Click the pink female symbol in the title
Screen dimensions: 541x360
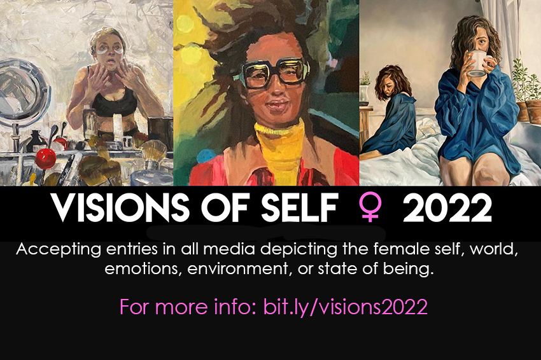[x=370, y=207]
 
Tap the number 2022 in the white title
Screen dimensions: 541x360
[x=447, y=208]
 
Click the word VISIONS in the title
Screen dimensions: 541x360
[x=119, y=207]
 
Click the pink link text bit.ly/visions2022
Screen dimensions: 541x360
[x=346, y=307]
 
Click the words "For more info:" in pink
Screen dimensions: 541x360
[x=188, y=307]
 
